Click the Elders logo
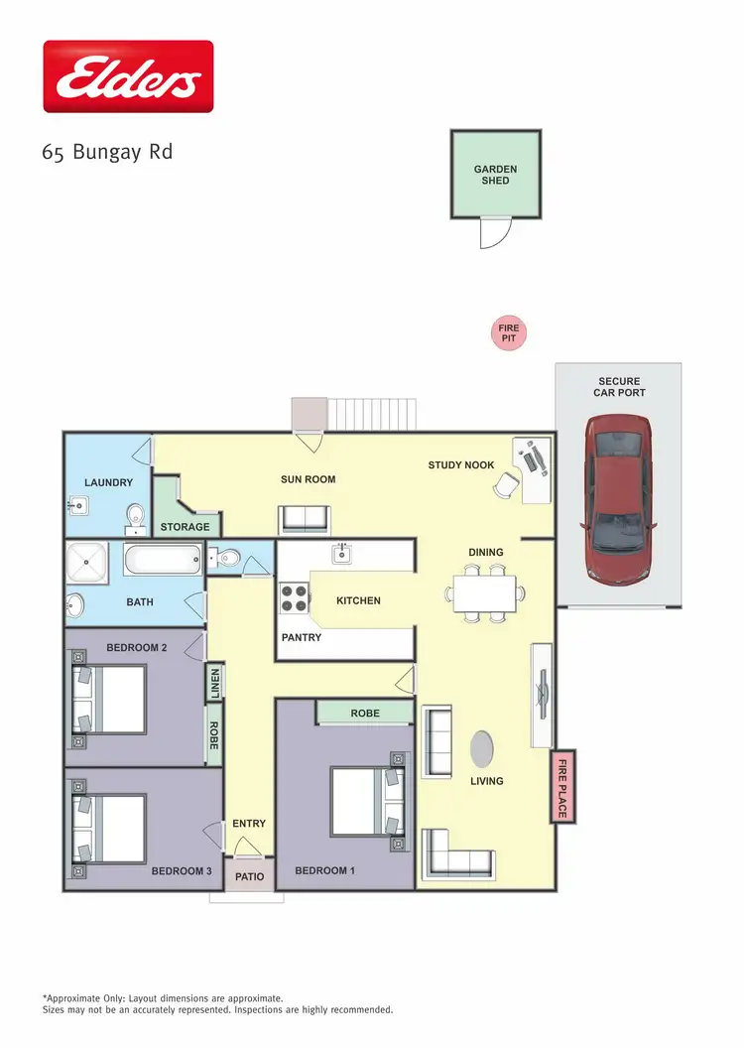coord(128,76)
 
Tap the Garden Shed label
coord(495,176)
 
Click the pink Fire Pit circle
coord(508,333)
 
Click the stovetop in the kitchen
coord(295,597)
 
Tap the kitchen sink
coord(340,552)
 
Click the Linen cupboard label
coord(213,683)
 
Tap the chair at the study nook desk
coord(507,484)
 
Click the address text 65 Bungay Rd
coord(108,153)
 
